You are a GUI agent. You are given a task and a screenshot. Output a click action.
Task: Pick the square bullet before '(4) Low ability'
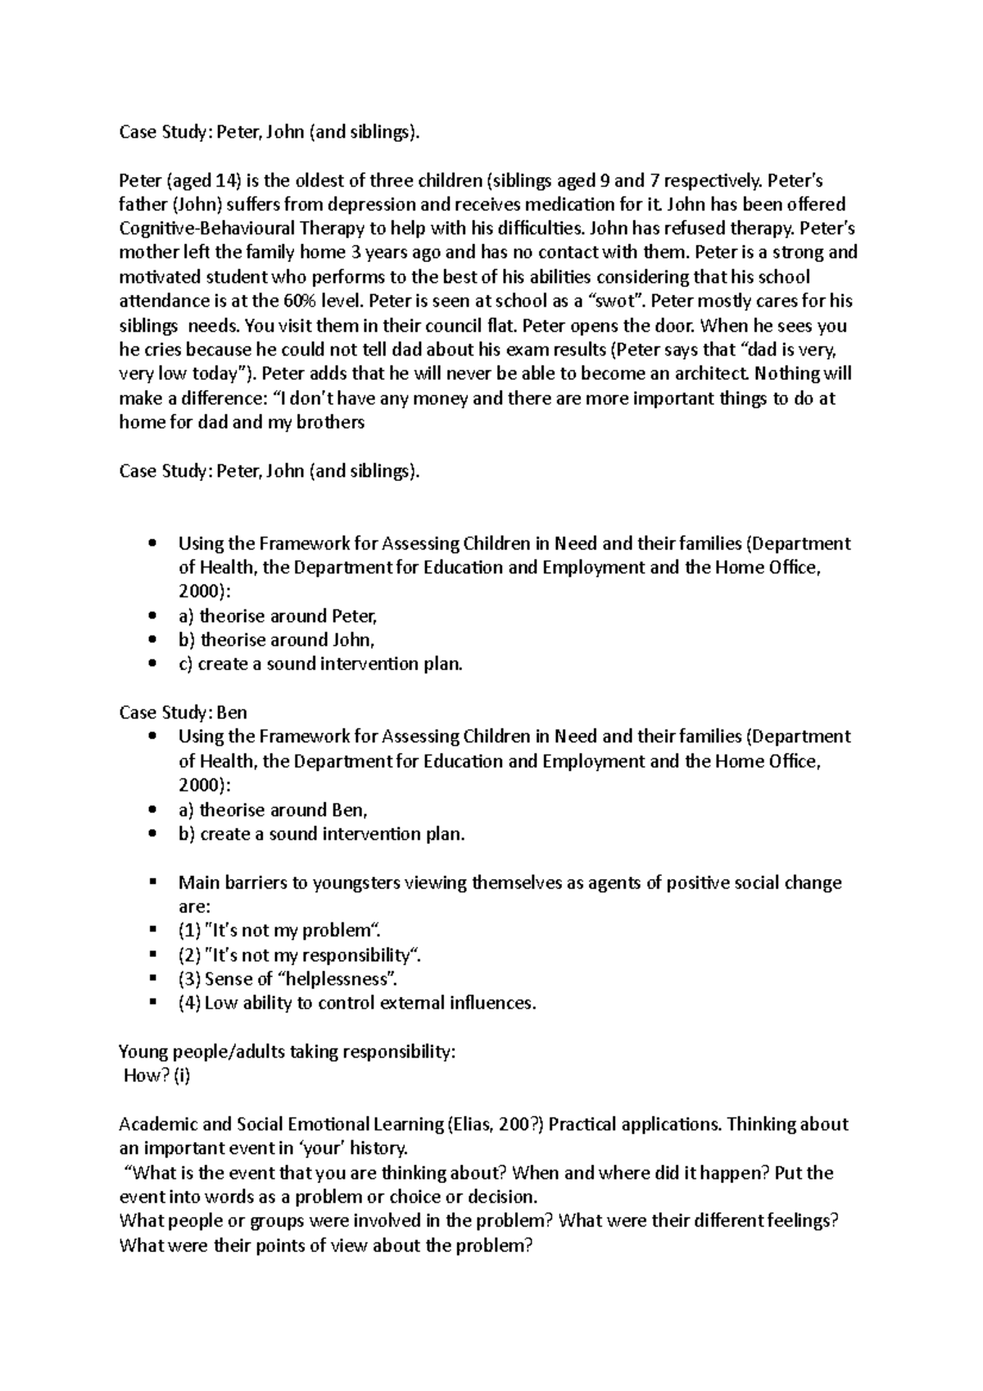tap(152, 1003)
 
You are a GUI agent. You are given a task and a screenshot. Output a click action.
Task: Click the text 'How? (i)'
tap(156, 1076)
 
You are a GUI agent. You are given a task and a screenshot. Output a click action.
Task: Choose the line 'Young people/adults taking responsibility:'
tap(287, 1052)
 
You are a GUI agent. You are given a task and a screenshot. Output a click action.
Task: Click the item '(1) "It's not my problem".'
tap(279, 931)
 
